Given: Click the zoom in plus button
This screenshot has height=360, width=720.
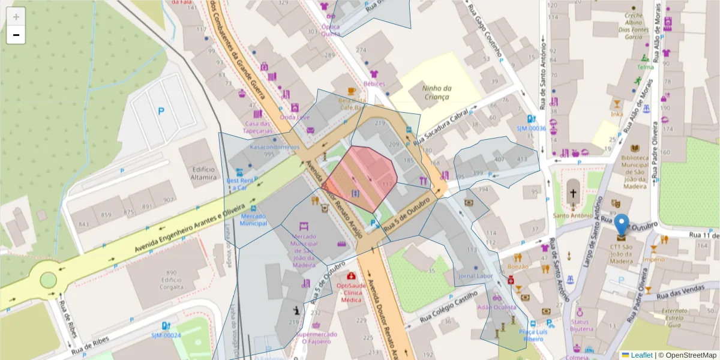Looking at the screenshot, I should pyautogui.click(x=16, y=17).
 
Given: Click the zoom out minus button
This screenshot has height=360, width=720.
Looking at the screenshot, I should pyautogui.click(x=16, y=35).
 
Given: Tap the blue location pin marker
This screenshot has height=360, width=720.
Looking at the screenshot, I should pyautogui.click(x=622, y=226).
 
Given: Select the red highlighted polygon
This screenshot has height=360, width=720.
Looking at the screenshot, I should pyautogui.click(x=363, y=177).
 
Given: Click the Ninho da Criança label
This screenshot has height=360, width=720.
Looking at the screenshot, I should pyautogui.click(x=436, y=92).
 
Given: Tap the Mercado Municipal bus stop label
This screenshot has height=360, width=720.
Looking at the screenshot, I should pyautogui.click(x=253, y=220).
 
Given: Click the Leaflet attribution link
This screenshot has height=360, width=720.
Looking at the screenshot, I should pyautogui.click(x=641, y=355).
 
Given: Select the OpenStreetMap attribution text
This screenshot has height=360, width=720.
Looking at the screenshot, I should pyautogui.click(x=688, y=355).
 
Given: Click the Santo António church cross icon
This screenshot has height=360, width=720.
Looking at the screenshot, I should pyautogui.click(x=574, y=194).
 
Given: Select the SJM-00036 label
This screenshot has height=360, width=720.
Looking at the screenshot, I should pyautogui.click(x=531, y=128).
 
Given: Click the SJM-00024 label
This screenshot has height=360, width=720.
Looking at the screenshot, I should pyautogui.click(x=166, y=335).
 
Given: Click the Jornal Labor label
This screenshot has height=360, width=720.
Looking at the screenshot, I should pyautogui.click(x=475, y=276).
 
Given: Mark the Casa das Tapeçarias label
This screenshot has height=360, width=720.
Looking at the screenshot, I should pyautogui.click(x=259, y=127).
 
